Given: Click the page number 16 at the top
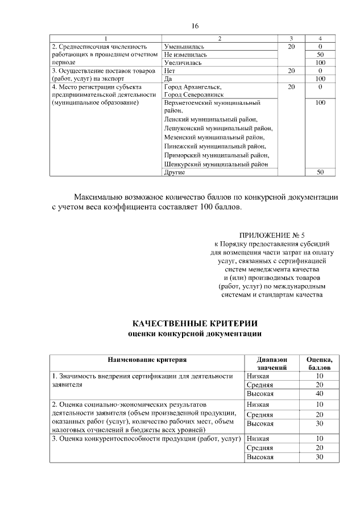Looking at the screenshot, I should [195, 27].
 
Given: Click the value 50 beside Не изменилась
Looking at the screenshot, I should [320, 55].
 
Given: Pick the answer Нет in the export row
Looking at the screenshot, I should [169, 71].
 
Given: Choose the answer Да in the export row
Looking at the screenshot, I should [168, 79].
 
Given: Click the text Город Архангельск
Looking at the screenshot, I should [191, 87].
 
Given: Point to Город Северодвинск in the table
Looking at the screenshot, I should [193, 95].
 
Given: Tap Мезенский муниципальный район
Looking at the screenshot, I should [214, 137].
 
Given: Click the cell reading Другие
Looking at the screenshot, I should [174, 172].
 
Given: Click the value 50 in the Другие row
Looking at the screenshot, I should [320, 172].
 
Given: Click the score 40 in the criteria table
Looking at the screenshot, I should [320, 393].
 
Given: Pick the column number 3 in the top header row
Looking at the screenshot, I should [291, 38].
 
